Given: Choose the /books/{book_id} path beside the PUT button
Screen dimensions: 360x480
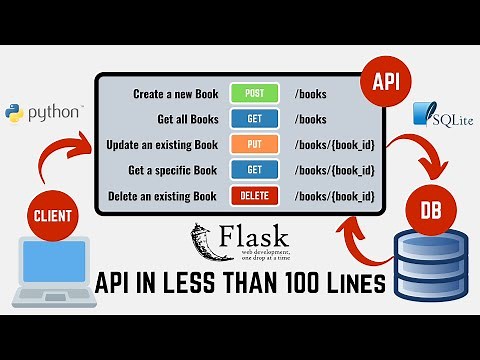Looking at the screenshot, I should point(333,144).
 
